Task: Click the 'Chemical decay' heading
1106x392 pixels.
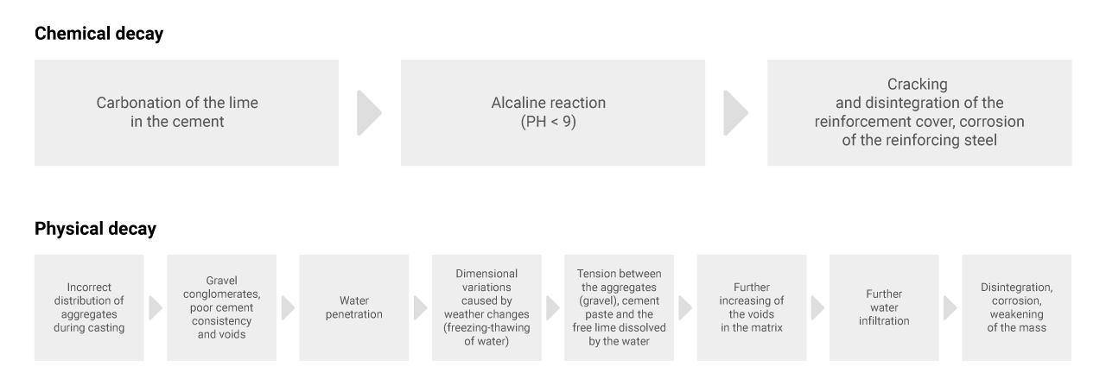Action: coord(99,34)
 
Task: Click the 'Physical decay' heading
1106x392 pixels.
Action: coord(95,229)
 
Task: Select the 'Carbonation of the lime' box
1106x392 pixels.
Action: coord(187,112)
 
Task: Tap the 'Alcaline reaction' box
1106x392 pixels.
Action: coord(553,112)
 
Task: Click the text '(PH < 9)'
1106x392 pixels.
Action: coord(548,122)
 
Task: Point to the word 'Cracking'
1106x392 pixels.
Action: coord(918,85)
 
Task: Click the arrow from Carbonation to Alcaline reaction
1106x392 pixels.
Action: coord(369,112)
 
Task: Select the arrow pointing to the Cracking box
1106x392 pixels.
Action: coord(735,112)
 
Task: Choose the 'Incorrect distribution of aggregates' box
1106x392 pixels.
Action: coord(89,307)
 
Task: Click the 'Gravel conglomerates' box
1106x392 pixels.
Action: coord(222,307)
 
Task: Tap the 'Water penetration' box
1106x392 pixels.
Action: coord(354,307)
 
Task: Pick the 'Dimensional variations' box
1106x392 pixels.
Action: coord(486,307)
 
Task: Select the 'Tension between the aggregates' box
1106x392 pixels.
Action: coord(620,307)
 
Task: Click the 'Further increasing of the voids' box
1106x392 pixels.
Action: coord(752,307)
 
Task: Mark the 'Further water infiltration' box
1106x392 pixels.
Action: coord(884,307)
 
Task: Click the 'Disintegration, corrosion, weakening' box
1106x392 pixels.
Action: coord(1017,307)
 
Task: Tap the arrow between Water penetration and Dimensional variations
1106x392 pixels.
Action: coord(420,307)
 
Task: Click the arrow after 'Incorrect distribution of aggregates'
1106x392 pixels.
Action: coord(156,307)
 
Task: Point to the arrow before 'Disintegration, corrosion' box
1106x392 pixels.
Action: coord(950,307)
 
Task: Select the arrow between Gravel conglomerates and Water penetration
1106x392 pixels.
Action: coord(288,307)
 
